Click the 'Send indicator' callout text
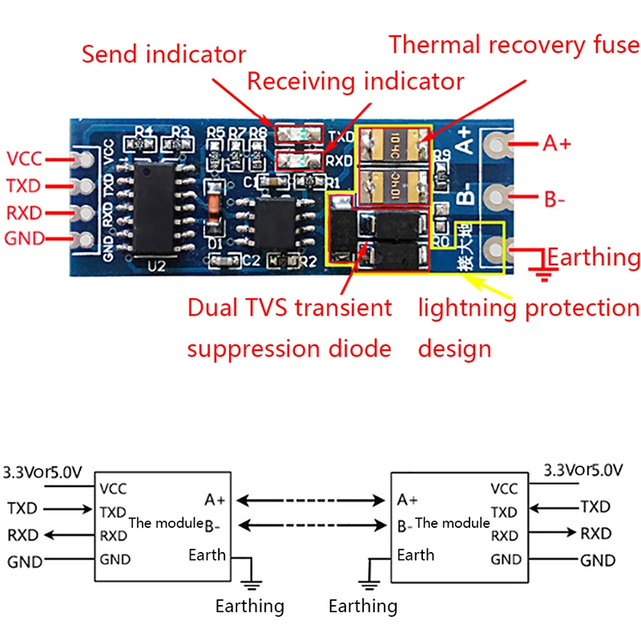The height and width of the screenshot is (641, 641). [x=163, y=54]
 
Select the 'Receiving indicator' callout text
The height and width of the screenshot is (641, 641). [x=355, y=81]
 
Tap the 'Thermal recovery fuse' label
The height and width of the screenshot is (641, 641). [x=514, y=44]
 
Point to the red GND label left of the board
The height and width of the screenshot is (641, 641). [x=25, y=238]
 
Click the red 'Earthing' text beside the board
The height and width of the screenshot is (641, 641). [x=595, y=257]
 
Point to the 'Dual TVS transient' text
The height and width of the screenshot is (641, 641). [x=289, y=308]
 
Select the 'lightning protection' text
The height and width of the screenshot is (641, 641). [x=529, y=308]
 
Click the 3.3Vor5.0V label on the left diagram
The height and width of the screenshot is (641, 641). [x=42, y=472]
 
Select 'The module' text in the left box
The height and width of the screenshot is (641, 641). [x=166, y=522]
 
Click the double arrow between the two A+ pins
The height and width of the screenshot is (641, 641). [x=309, y=501]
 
